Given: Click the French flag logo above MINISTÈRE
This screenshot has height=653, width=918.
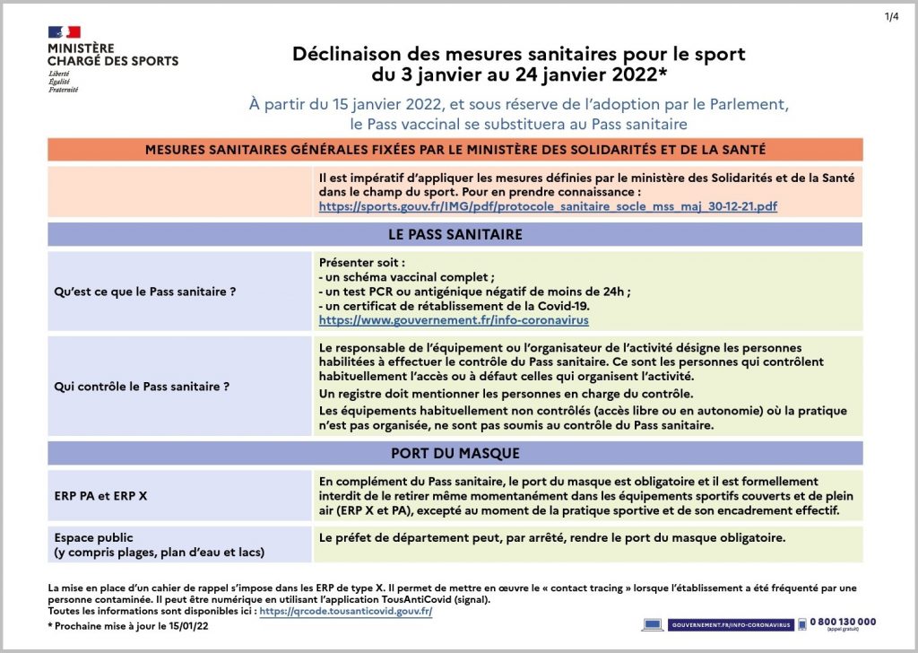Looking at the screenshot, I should coord(64,32).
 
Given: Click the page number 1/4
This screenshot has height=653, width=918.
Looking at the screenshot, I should coord(891,16).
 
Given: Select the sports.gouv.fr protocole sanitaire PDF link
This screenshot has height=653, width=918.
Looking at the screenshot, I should coord(548,206).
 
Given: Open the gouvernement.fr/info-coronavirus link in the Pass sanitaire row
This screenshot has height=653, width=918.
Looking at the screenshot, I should coord(454,319).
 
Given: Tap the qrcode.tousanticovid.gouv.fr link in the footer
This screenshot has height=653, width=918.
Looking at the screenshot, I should coord(346,611).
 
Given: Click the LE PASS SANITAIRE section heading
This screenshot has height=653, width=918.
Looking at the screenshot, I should coord(455,235).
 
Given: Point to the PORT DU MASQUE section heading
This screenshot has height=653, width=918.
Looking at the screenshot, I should coord(455,453).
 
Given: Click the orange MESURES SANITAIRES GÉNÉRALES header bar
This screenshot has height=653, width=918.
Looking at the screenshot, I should coord(455,150).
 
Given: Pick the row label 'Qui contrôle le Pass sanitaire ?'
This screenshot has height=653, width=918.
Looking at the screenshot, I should coord(143,387).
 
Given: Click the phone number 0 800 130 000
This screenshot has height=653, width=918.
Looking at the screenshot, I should coord(843,621).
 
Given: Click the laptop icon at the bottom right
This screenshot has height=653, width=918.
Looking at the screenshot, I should coord(653,624).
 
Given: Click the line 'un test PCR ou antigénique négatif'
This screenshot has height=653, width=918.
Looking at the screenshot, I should coord(475,291).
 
